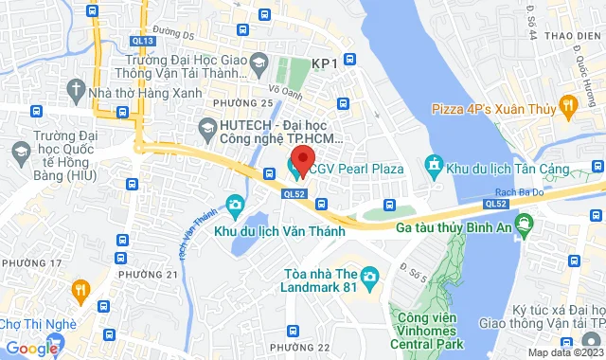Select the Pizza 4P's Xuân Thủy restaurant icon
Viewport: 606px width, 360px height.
tap(568, 103)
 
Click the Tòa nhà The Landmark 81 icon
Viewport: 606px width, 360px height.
tap(369, 277)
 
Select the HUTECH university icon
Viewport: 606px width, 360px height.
tap(206, 126)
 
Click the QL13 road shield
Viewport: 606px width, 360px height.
tap(144, 41)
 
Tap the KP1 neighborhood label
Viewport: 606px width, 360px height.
tap(325, 63)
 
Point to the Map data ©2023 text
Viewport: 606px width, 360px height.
tap(563, 352)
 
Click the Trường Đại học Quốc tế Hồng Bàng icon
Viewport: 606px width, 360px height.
tap(18, 151)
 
